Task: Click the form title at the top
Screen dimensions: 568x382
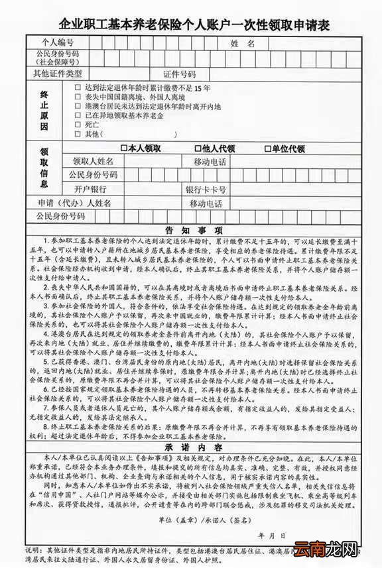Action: click(194, 25)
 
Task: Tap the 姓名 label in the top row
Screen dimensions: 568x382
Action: click(243, 43)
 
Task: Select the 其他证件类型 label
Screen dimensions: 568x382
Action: click(58, 73)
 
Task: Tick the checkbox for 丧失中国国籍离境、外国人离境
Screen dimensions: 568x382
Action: click(78, 97)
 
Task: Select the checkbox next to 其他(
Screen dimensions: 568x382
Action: click(78, 134)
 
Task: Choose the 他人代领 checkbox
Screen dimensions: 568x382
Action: click(197, 148)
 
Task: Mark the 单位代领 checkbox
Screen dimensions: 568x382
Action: click(267, 148)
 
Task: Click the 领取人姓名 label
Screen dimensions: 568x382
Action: click(94, 161)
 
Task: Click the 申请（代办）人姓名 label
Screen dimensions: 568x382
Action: click(74, 202)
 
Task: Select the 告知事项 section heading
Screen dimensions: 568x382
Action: click(193, 230)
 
